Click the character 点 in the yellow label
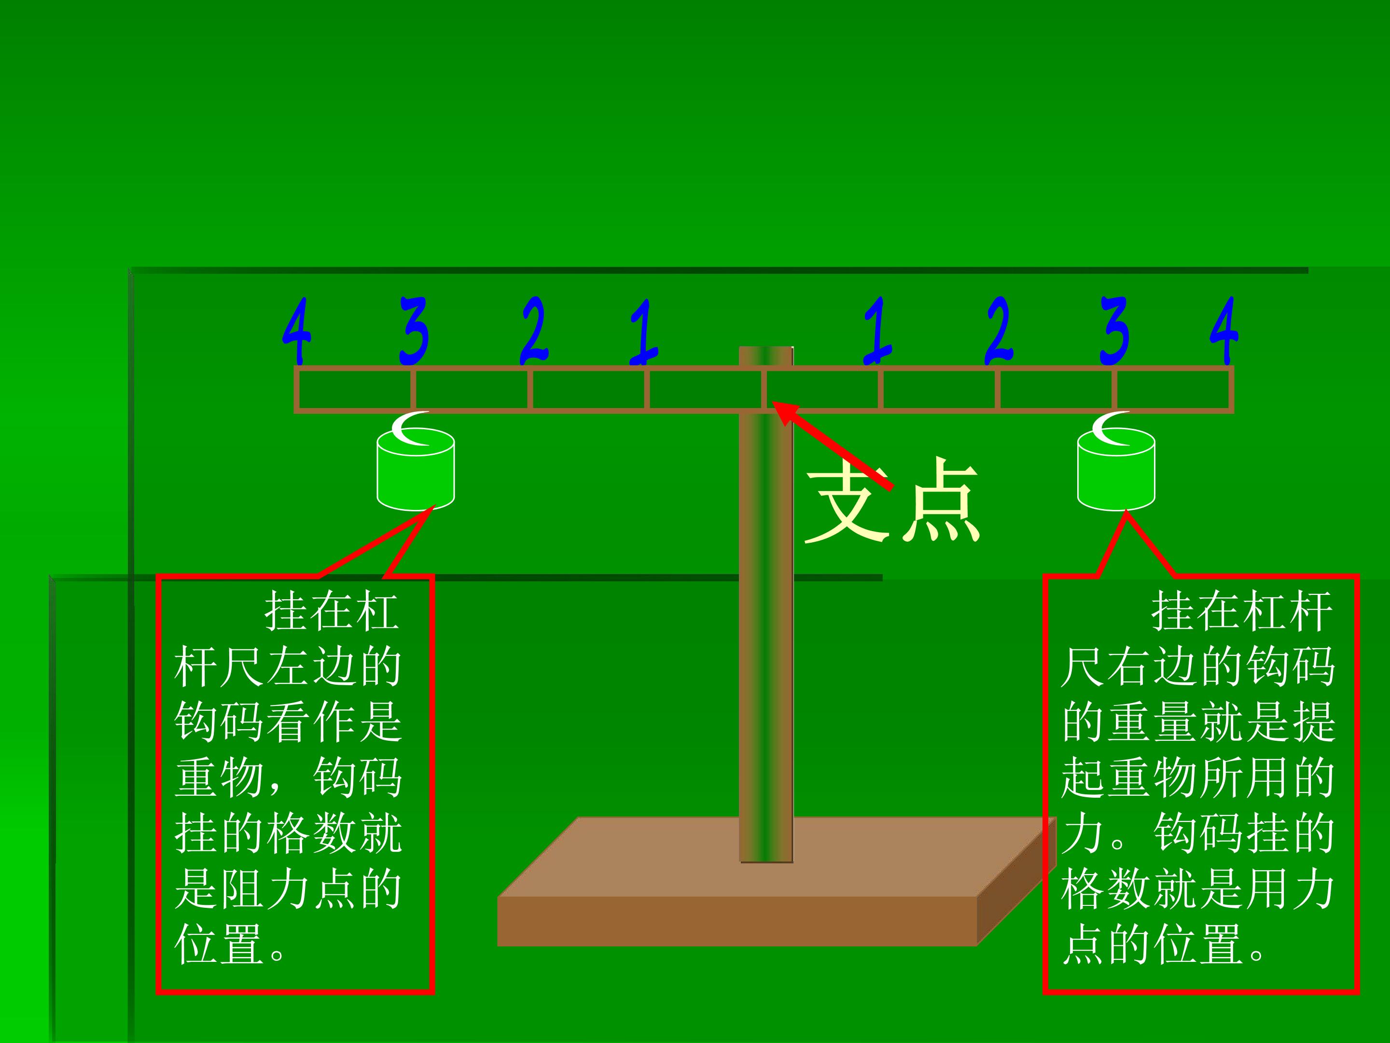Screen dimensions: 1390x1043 point(941,500)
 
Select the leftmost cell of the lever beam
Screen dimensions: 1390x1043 point(355,390)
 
